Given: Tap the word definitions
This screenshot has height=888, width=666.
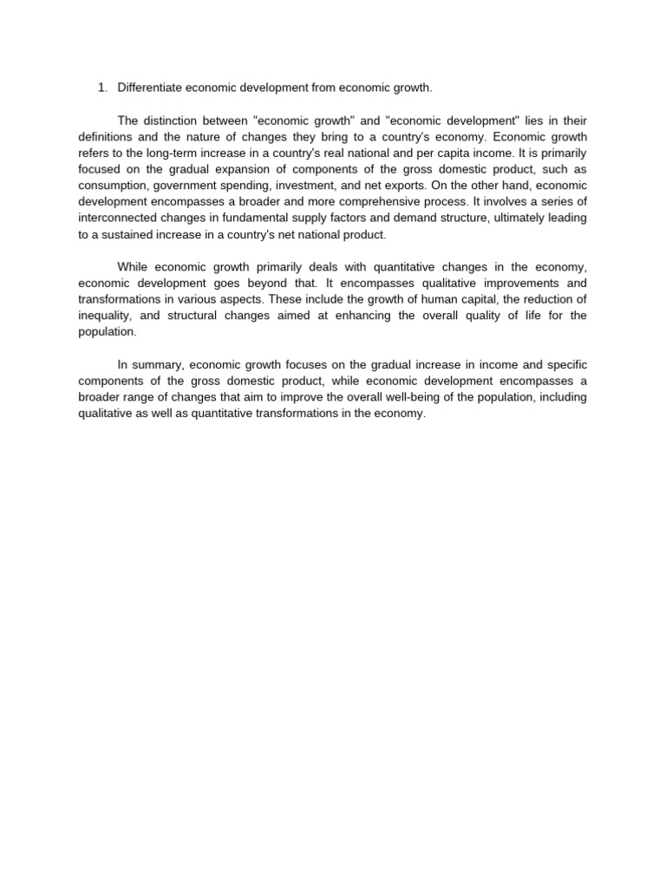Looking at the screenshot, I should click(x=108, y=137).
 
